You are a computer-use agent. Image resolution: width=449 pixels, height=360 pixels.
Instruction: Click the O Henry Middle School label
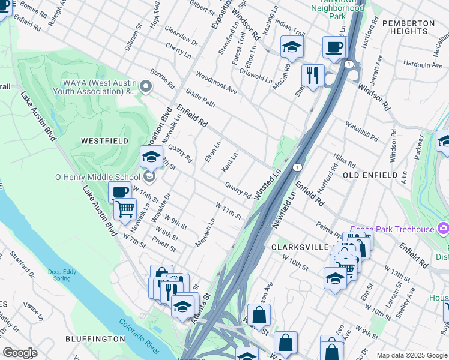coord(98,177)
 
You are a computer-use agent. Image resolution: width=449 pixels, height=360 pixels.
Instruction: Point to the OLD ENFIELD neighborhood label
coord(370,175)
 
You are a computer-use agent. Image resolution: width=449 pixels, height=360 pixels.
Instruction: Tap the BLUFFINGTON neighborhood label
coord(97,339)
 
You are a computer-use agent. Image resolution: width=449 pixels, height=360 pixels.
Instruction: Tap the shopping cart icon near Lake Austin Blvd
coord(125,210)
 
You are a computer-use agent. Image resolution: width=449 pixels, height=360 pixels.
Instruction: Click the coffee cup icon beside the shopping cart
coord(119,193)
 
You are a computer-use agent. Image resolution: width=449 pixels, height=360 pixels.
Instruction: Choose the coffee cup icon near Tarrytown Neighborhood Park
coord(334,47)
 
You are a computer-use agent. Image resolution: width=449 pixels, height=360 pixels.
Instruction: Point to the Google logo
coord(20,353)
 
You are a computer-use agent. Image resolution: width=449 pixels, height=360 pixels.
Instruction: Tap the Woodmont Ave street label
coord(217,82)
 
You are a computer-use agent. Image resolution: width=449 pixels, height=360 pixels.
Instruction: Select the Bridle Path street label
coord(200,96)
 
